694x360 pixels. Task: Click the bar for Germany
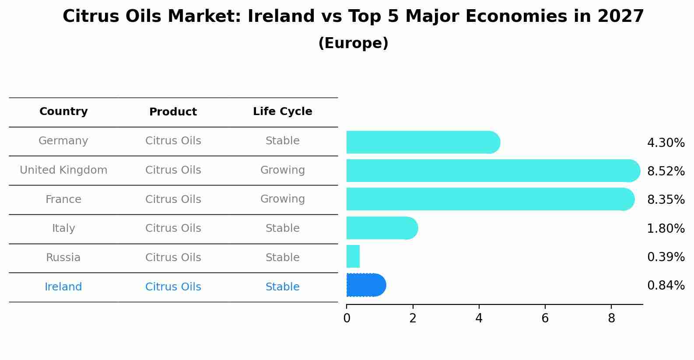click(x=423, y=142)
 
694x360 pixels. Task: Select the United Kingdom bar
click(x=493, y=171)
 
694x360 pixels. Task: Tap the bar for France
click(x=490, y=199)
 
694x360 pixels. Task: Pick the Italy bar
click(x=382, y=228)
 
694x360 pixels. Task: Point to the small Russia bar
click(x=353, y=256)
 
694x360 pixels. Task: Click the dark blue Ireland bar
click(x=366, y=285)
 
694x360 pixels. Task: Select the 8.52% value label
click(x=666, y=171)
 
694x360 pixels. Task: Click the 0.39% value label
click(x=666, y=257)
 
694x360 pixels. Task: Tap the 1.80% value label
click(x=666, y=228)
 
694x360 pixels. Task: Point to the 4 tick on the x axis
click(x=479, y=318)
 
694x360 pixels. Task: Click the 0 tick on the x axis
click(x=347, y=318)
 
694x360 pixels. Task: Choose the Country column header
click(x=63, y=112)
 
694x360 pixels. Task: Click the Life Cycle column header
click(x=282, y=112)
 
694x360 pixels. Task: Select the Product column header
click(x=173, y=112)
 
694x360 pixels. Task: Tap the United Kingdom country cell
click(x=63, y=170)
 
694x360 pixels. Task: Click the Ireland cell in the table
click(x=63, y=287)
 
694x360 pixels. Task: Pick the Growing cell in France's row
click(x=282, y=199)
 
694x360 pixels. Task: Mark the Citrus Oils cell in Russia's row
click(x=173, y=258)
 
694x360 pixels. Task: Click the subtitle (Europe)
click(x=353, y=43)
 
